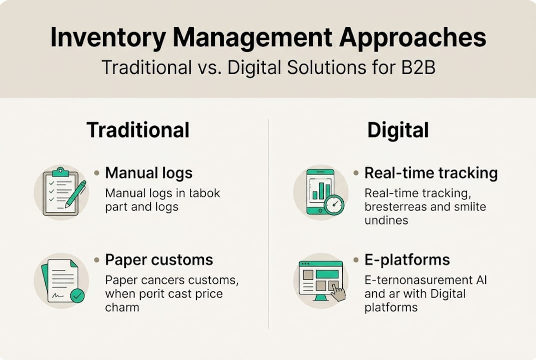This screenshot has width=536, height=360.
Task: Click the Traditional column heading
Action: tap(138, 130)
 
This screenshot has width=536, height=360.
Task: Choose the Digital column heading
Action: tap(398, 130)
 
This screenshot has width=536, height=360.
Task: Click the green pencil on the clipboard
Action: tap(75, 194)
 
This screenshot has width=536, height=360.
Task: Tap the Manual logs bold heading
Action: tap(148, 173)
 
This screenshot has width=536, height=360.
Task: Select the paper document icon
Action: tap(58, 281)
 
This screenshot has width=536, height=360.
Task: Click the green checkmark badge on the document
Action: tap(77, 295)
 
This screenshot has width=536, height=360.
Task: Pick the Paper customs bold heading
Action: tap(159, 260)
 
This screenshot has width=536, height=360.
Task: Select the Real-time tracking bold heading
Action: tap(431, 173)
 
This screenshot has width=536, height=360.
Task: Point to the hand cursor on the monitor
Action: tap(338, 293)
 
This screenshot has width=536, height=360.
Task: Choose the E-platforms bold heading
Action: tap(407, 260)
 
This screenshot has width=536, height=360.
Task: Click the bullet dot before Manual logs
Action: tap(96, 173)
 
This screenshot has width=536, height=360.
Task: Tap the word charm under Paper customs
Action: tap(122, 307)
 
